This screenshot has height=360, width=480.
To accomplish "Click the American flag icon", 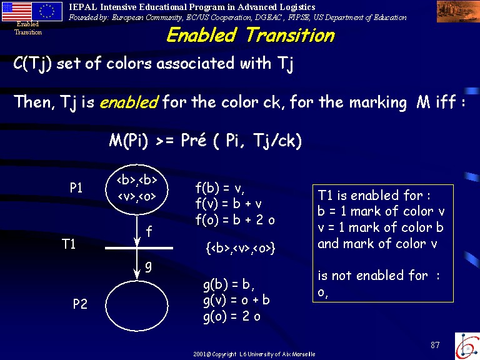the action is [x=16, y=11].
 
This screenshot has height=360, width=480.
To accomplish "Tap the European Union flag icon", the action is [x=47, y=11].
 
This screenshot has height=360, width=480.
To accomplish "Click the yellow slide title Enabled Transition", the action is [x=251, y=35].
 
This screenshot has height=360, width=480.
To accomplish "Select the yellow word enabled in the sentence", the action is [x=129, y=102].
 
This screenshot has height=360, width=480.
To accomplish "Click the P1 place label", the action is [x=76, y=187].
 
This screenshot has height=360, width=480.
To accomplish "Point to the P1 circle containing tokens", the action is [x=137, y=164].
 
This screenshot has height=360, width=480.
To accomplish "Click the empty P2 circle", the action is [x=137, y=281].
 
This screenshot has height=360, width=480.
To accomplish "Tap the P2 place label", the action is [x=80, y=304].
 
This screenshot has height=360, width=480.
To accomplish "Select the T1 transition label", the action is [x=69, y=244].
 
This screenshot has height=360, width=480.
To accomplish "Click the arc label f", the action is [x=149, y=231].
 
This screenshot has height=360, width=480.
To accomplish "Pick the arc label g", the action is [x=148, y=267].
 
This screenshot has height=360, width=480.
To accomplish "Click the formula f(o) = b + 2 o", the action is [x=235, y=220].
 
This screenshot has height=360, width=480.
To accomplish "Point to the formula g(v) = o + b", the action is [x=236, y=301].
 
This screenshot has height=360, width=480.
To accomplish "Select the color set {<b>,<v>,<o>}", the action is [x=241, y=248].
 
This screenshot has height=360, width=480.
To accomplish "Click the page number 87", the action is [x=435, y=345].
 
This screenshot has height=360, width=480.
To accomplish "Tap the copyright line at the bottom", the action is [x=254, y=354].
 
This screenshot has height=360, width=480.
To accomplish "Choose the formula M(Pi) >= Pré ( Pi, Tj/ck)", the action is [x=206, y=141].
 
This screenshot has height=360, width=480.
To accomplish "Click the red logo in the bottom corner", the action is [x=467, y=346].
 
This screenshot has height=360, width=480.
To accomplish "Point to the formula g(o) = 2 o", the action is [x=232, y=316].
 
